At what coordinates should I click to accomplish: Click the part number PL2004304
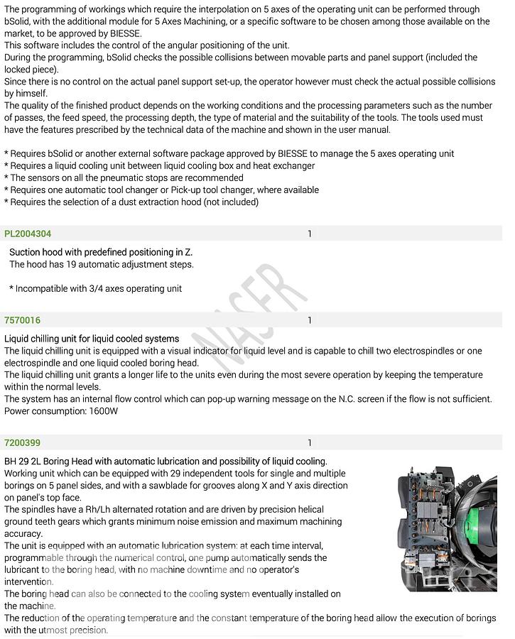point(28,234)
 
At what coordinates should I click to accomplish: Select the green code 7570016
point(22,320)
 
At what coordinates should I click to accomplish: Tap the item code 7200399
point(22,443)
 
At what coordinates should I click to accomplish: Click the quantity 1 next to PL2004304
point(310,234)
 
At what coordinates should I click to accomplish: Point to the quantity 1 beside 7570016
point(310,320)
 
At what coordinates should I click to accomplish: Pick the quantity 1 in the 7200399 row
point(310,443)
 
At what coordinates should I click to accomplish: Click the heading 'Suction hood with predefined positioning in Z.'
point(101,252)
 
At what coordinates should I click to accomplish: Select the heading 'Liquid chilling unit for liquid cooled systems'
point(92,339)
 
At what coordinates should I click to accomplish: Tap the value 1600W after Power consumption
point(104,411)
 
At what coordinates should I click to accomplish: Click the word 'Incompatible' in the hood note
point(44,288)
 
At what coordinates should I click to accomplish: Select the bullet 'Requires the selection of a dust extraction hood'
point(131,202)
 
